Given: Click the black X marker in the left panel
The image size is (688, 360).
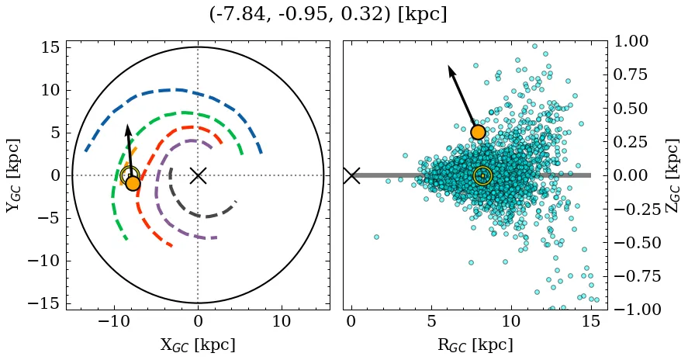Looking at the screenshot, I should click(x=198, y=175).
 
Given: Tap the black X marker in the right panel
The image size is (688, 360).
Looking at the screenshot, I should click(x=351, y=175).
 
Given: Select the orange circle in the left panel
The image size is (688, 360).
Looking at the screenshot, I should click(x=133, y=183).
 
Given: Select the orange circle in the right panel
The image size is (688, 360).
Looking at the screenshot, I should click(x=478, y=132).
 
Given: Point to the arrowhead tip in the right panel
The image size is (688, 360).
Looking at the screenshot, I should click(x=449, y=66).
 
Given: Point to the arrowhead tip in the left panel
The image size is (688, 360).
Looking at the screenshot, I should click(x=127, y=125).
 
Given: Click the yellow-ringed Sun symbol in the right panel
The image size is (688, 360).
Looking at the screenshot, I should click(x=482, y=176).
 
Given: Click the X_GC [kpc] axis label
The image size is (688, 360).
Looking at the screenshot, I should click(x=198, y=344).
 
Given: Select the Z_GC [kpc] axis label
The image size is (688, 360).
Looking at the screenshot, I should click(x=672, y=175).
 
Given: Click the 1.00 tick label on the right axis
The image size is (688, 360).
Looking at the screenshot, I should click(x=633, y=41).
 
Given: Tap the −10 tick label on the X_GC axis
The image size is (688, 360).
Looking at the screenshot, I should click(x=114, y=321).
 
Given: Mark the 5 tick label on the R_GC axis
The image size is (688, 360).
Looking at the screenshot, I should click(x=431, y=321).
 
